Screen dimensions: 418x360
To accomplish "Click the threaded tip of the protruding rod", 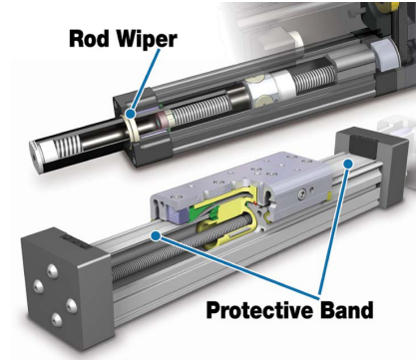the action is (x=50, y=147).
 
